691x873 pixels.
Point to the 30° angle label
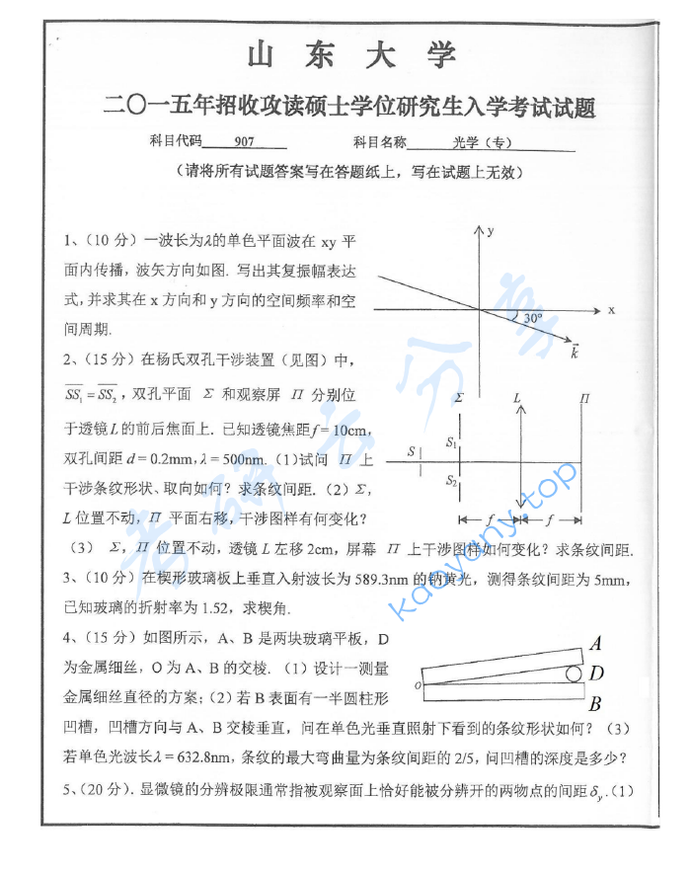pyautogui.click(x=533, y=319)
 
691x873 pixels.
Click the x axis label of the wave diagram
pyautogui.click(x=612, y=309)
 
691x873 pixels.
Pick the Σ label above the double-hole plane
pyautogui.click(x=460, y=397)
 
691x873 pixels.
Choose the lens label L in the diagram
pyautogui.click(x=517, y=397)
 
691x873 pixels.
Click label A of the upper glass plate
pyautogui.click(x=595, y=644)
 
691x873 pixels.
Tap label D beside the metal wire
pyautogui.click(x=596, y=674)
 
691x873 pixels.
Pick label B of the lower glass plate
pyautogui.click(x=594, y=705)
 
